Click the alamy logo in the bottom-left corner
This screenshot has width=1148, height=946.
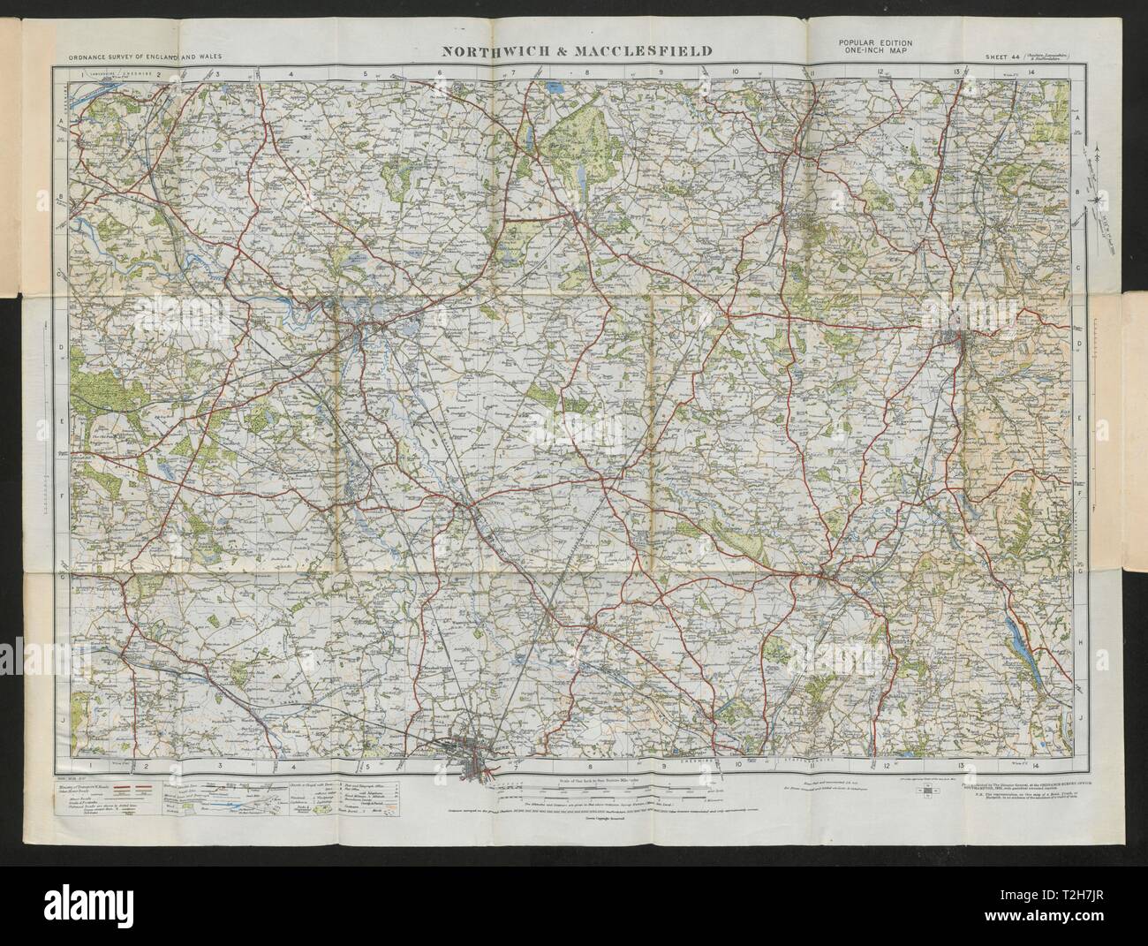click(53, 919)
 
